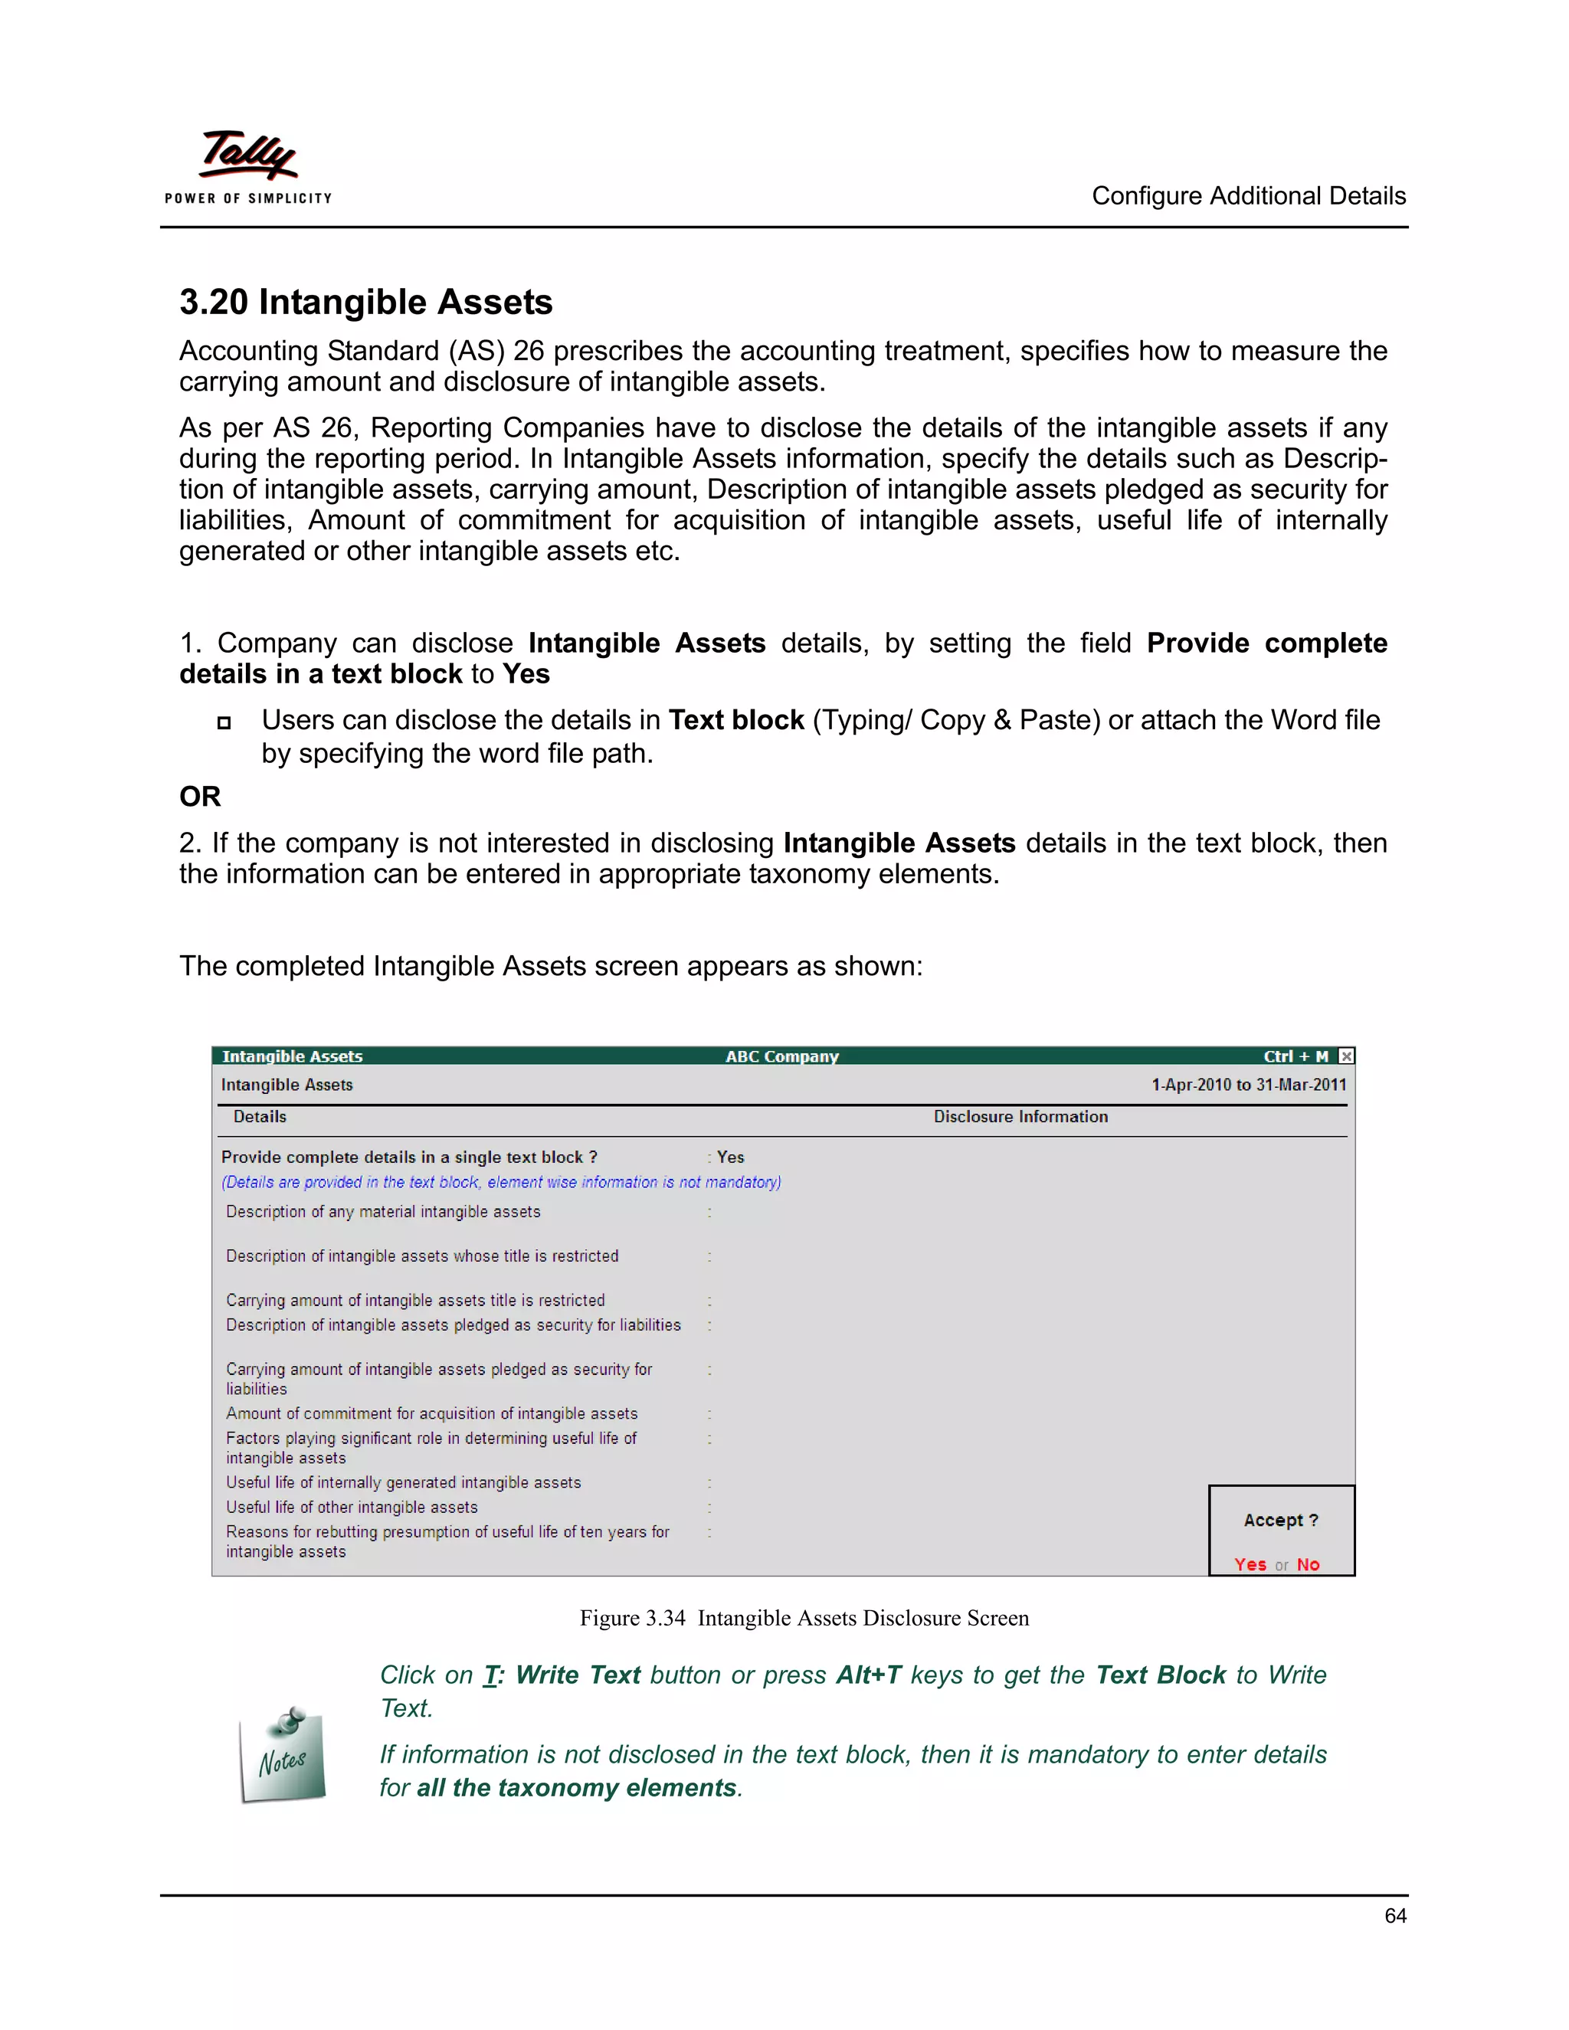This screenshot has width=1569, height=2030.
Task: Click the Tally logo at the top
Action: tap(248, 156)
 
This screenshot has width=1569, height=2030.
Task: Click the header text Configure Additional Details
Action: tap(1247, 196)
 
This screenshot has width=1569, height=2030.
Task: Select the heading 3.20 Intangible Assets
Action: tap(365, 302)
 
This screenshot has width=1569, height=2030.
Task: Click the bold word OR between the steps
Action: tap(200, 797)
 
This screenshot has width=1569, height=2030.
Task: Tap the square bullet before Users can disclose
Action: tap(223, 723)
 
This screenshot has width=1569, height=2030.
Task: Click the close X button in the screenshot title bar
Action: tap(1346, 1056)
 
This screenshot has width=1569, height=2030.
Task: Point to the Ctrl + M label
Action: tap(1295, 1056)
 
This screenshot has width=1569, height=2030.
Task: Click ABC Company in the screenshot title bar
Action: tap(781, 1056)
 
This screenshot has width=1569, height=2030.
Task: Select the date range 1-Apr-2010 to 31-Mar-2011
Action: tap(1248, 1085)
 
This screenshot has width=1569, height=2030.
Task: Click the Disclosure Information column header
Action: tap(1020, 1116)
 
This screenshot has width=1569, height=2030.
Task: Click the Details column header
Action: tap(260, 1116)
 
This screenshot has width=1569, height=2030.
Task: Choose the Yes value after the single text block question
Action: tap(731, 1157)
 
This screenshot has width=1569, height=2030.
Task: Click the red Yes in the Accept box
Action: tap(1250, 1564)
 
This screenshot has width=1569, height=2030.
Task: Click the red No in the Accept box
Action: tap(1308, 1564)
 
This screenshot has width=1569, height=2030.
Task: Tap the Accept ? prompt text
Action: tap(1281, 1520)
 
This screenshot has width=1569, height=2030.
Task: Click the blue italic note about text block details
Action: tap(501, 1182)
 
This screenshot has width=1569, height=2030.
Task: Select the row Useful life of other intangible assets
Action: tap(352, 1507)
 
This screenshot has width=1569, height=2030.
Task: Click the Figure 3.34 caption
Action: tap(804, 1618)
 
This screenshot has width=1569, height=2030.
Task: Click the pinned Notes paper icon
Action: tap(283, 1756)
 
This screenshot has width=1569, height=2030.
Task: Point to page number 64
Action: tap(1394, 1916)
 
